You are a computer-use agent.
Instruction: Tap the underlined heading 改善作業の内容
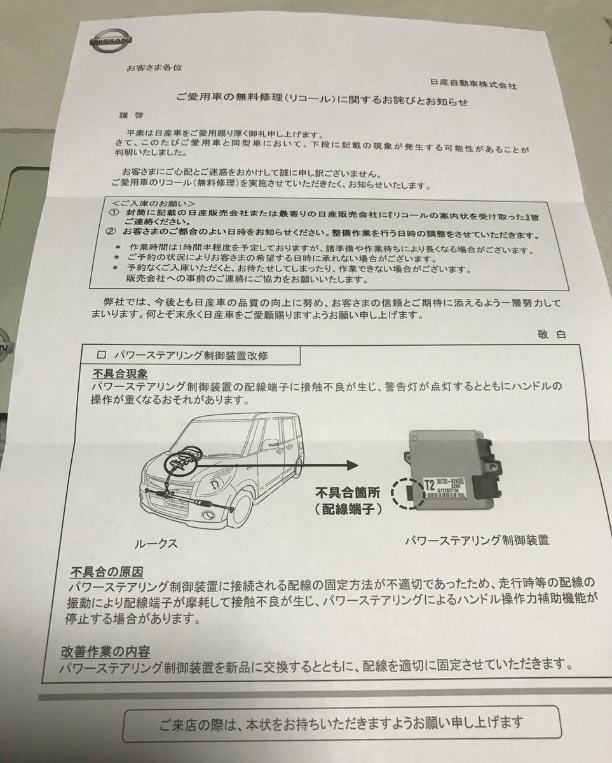[x=105, y=651]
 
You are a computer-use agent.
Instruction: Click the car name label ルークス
[x=156, y=544]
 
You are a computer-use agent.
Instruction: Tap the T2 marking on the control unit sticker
[x=430, y=482]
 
